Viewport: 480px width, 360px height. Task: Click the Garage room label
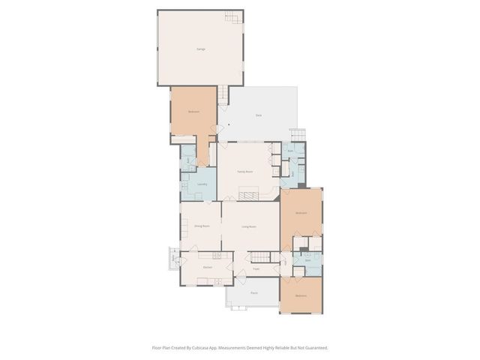pyautogui.click(x=201, y=49)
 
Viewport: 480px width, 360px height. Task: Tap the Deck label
pyautogui.click(x=259, y=115)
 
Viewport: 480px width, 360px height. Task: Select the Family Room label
pyautogui.click(x=245, y=172)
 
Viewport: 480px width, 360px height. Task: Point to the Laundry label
pyautogui.click(x=202, y=184)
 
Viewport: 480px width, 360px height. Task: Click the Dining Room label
pyautogui.click(x=202, y=226)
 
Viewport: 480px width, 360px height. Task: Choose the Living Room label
pyautogui.click(x=249, y=226)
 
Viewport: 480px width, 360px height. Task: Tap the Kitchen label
pyautogui.click(x=208, y=267)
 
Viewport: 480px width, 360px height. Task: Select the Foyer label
pyautogui.click(x=256, y=268)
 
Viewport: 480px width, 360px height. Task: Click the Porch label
pyautogui.click(x=255, y=293)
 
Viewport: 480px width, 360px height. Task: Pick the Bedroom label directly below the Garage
pyautogui.click(x=193, y=112)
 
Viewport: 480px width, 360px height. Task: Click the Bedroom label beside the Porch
pyautogui.click(x=301, y=295)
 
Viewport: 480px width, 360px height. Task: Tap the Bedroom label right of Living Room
pyautogui.click(x=301, y=214)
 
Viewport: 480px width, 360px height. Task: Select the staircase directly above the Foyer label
pyautogui.click(x=259, y=256)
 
